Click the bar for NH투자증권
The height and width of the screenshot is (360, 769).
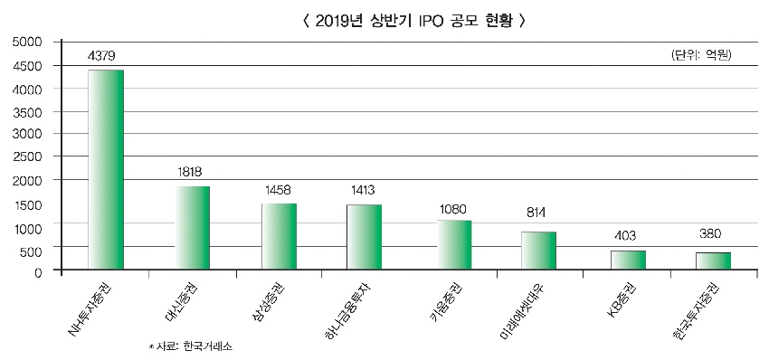click(105, 169)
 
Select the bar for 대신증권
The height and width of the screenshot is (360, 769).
click(192, 227)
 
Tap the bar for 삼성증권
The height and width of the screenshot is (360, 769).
click(279, 236)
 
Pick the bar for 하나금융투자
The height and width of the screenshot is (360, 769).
click(365, 237)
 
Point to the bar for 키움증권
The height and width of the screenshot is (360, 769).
click(453, 244)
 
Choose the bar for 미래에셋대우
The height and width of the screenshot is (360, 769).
click(538, 251)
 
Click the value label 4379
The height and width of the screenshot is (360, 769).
click(104, 56)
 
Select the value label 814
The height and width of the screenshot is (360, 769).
click(537, 213)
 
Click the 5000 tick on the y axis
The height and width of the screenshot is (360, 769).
click(27, 42)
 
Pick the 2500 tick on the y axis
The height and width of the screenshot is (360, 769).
click(27, 156)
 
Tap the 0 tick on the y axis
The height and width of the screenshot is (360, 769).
click(39, 270)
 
